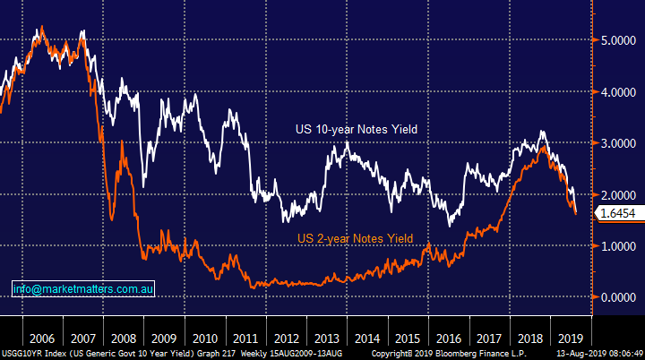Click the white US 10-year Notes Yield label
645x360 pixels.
point(357,130)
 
